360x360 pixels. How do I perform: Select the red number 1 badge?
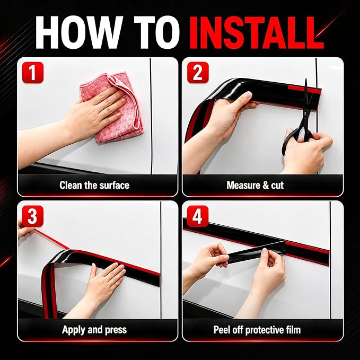click(32, 73)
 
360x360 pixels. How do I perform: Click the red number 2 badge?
click(198, 73)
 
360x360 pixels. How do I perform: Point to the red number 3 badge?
click(32, 216)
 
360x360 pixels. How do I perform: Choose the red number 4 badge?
click(198, 216)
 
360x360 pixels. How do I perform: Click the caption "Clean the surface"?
click(94, 185)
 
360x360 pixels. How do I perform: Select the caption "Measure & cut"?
click(255, 185)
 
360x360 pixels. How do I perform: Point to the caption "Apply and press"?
click(94, 330)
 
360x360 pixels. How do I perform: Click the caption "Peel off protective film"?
click(257, 330)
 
